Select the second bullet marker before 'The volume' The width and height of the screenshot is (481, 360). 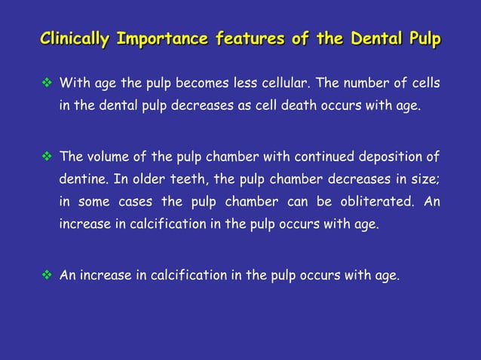[x=46, y=157]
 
